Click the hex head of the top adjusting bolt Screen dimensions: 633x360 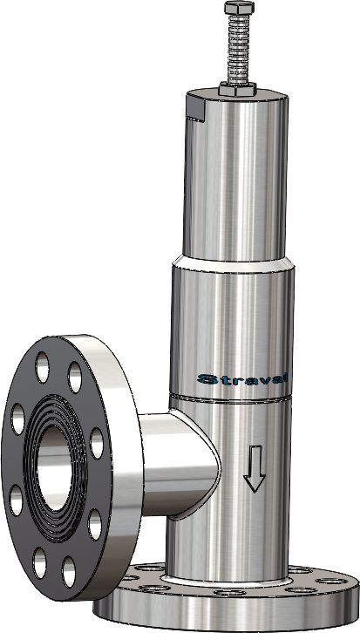click(235, 8)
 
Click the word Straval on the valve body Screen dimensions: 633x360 click(244, 379)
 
